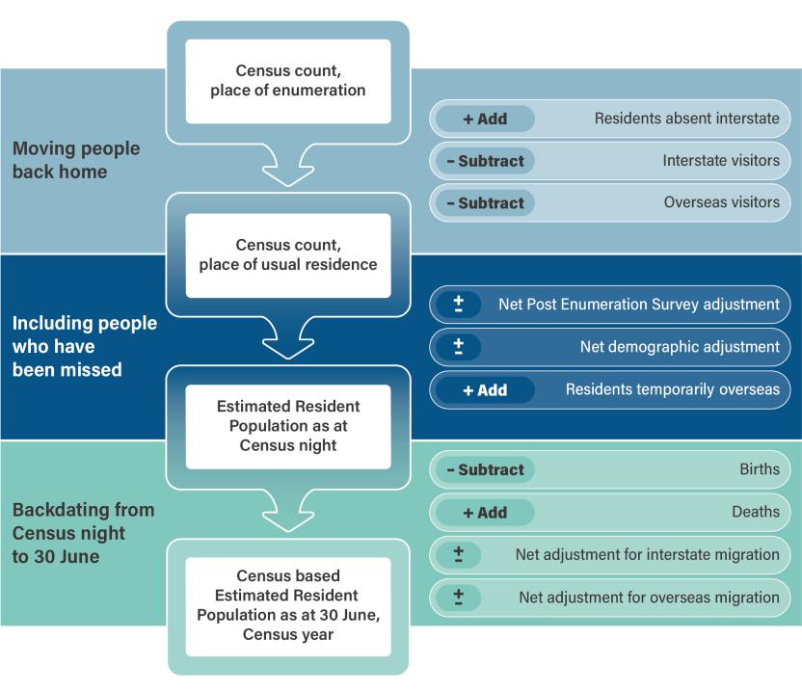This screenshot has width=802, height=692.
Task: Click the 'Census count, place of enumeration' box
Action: coord(287,81)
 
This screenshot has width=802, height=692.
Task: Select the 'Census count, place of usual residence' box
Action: coord(287,254)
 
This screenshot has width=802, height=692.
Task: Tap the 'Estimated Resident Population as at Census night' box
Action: coord(287,426)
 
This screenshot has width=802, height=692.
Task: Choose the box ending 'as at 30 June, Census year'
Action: coord(287,606)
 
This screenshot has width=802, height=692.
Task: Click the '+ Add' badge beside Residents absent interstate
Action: coord(485,120)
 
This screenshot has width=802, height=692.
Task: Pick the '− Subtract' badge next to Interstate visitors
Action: coord(485,161)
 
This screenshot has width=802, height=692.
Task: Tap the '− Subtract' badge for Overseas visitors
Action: coord(485,203)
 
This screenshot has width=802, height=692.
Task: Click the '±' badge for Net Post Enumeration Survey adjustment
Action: coord(459,305)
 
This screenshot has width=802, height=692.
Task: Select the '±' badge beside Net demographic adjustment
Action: coord(459,347)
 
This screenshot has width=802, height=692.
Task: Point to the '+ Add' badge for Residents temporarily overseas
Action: coord(485,390)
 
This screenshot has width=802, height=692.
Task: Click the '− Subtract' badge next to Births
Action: coord(485,470)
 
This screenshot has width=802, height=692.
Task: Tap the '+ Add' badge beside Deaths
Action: coord(485,513)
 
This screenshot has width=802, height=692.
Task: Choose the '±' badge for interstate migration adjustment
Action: coord(459,554)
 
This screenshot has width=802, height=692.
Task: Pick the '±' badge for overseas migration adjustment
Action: coord(459,598)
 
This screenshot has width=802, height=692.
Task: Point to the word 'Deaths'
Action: coord(755,513)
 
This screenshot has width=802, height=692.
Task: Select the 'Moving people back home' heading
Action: coord(76,161)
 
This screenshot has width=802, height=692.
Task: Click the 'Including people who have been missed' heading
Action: coord(84,346)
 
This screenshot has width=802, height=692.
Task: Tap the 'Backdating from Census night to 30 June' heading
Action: coord(83,533)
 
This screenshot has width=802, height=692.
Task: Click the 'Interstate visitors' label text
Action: coord(721,161)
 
